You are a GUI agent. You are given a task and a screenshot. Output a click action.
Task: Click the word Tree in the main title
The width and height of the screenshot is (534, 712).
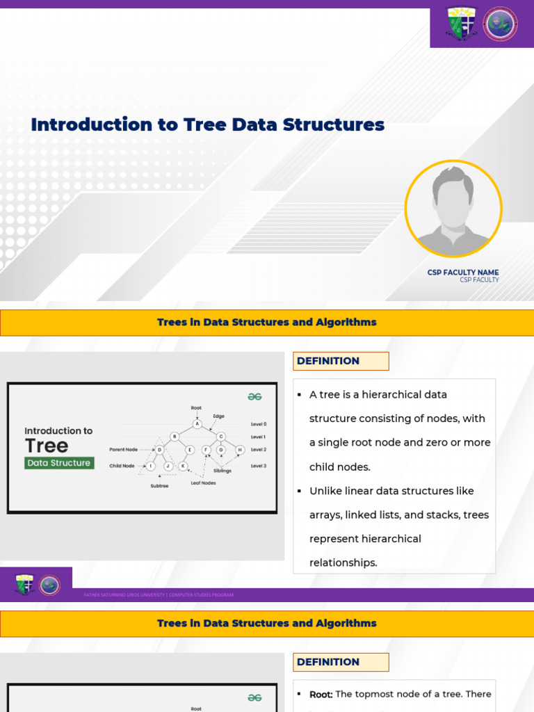[205, 125]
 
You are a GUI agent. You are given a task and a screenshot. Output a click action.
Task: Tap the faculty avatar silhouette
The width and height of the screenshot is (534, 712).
[453, 209]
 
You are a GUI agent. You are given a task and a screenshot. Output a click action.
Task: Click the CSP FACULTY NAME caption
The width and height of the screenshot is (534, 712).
[462, 273]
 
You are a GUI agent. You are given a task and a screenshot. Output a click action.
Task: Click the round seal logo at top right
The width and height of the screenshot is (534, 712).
[501, 24]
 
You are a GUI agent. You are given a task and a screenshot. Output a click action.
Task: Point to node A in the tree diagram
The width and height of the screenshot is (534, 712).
[197, 423]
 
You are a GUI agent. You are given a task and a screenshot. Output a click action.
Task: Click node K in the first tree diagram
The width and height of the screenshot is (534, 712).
[183, 466]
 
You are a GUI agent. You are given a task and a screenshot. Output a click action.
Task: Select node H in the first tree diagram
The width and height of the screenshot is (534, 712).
[239, 450]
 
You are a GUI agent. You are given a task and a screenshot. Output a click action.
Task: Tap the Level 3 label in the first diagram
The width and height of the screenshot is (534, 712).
[259, 466]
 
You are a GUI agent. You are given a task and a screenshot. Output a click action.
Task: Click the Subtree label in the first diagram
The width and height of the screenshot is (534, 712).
[159, 486]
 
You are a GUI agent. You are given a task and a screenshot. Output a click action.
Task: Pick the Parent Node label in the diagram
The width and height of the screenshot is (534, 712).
[123, 450]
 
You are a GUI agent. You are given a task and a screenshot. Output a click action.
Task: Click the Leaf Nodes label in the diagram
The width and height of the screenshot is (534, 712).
[203, 483]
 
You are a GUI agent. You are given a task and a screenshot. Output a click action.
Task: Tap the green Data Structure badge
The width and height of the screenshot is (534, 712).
[59, 463]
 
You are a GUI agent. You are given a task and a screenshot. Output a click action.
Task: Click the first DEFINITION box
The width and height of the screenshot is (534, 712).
[341, 361]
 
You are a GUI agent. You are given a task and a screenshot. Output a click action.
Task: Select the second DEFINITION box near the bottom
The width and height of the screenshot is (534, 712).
[341, 662]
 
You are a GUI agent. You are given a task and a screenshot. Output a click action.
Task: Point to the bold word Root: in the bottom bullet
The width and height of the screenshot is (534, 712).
[321, 694]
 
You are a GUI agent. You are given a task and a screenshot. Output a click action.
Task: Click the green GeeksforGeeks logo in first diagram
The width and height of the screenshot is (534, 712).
[254, 396]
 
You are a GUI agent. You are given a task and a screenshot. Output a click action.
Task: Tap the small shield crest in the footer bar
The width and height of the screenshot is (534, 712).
[25, 585]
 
